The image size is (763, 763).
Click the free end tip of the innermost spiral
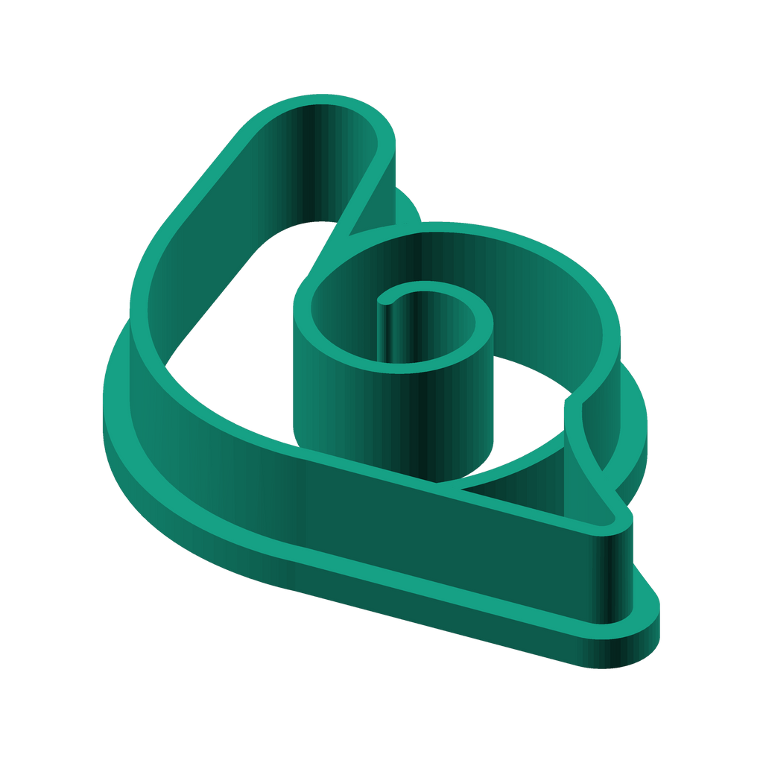[382, 300]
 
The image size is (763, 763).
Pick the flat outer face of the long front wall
[373, 522]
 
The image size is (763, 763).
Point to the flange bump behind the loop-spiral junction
[408, 205]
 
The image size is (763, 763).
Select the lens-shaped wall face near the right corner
[589, 455]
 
